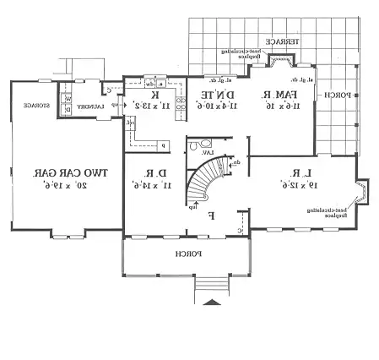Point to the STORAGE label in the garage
coord(35,106)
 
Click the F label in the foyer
coord(211,215)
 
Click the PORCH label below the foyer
coord(187,253)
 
